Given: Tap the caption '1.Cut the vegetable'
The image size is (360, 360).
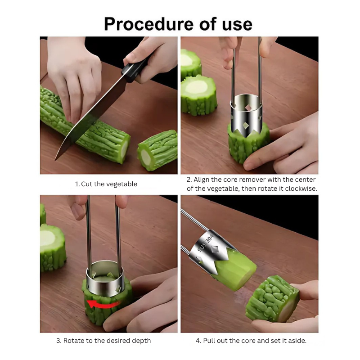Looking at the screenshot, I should pyautogui.click(x=106, y=184).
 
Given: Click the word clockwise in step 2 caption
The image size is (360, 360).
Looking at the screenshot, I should pyautogui.click(x=300, y=189).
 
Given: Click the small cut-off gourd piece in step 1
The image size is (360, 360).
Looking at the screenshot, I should pyautogui.click(x=157, y=150).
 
